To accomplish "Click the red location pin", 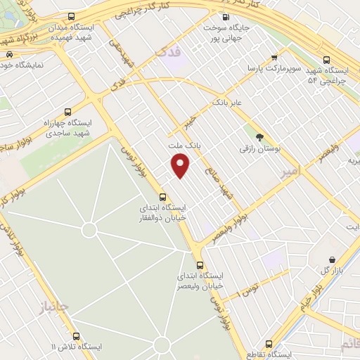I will tap(181, 167).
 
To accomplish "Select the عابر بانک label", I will tap(228, 102).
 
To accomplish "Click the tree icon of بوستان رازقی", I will tap(261, 137).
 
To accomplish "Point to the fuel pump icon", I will tap(225, 18).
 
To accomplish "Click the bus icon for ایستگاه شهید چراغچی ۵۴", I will tap(325, 60).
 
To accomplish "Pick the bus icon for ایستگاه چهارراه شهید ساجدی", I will tap(68, 112).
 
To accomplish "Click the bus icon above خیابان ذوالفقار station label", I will tap(162, 197).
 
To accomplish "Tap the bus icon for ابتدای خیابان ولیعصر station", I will tap(200, 265).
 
